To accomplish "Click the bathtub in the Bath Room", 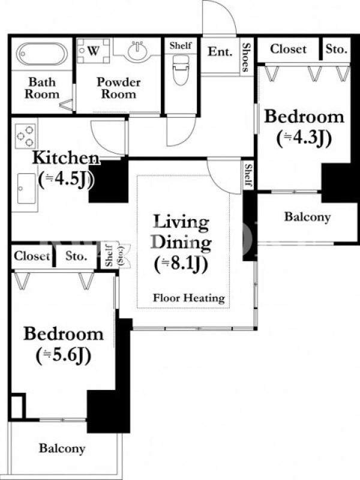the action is [41, 54].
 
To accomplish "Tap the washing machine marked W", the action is [93, 50].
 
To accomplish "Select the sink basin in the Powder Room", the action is [137, 51].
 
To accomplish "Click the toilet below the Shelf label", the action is [181, 69].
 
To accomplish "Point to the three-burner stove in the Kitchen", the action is [25, 136].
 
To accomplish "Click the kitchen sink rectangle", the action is [26, 188].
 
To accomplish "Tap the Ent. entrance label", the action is [220, 52].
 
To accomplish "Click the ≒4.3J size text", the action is [304, 139].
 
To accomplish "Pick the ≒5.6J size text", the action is [64, 356].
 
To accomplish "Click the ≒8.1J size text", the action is [181, 264].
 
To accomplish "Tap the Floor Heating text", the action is [189, 298].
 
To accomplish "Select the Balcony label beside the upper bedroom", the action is [307, 217].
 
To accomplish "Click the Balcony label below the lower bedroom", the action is [62, 448].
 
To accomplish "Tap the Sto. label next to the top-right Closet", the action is [336, 49].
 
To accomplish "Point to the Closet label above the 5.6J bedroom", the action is [32, 256].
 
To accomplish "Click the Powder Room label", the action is [118, 88].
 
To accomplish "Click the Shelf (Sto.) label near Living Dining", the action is [113, 254].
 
